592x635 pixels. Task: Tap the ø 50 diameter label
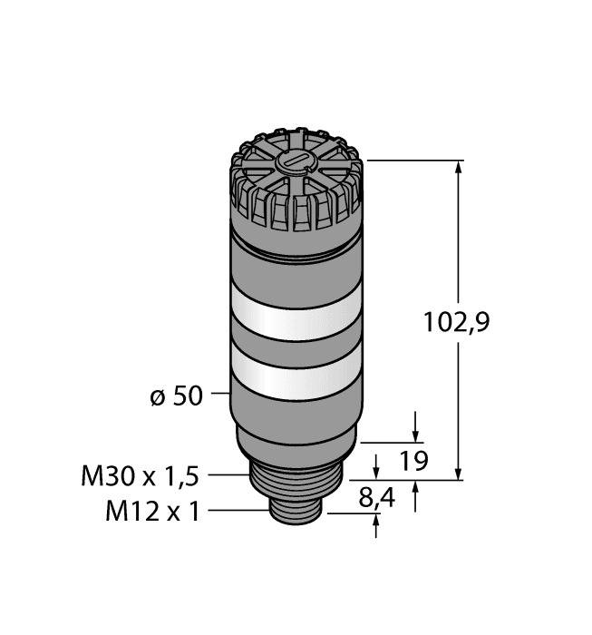pyautogui.click(x=175, y=396)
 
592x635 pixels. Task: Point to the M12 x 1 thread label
pyautogui.click(x=152, y=512)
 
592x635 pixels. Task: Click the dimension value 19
pyautogui.click(x=413, y=463)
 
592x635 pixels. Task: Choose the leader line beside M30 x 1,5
pyautogui.click(x=230, y=474)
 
